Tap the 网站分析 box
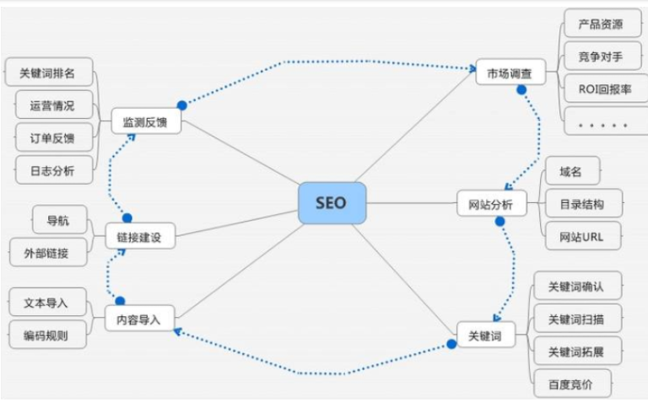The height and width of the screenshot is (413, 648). click(x=491, y=204)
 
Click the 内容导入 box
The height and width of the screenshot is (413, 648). click(x=139, y=319)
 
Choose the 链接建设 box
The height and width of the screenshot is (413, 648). click(x=140, y=238)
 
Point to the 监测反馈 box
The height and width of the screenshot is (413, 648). click(x=146, y=121)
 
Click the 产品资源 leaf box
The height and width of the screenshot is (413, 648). click(x=602, y=23)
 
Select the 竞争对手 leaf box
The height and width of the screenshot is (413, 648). click(x=602, y=56)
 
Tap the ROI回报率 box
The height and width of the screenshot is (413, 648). click(x=602, y=88)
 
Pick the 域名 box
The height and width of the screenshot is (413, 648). click(x=570, y=171)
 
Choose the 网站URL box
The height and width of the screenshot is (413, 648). click(x=580, y=235)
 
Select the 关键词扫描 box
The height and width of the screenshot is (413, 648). click(x=577, y=319)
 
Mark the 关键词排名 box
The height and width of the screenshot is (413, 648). click(x=47, y=73)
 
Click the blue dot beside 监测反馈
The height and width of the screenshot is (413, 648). click(x=181, y=105)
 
